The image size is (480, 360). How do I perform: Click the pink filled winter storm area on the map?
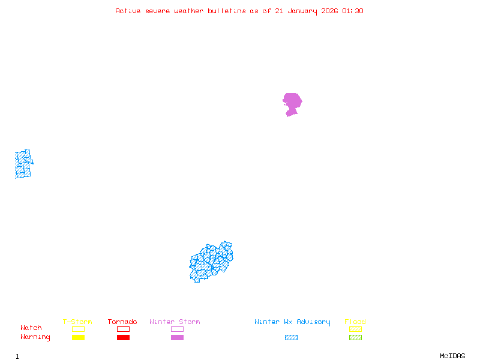[292, 103]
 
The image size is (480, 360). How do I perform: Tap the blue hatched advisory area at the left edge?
[23, 164]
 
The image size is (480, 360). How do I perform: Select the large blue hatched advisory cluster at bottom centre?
[211, 262]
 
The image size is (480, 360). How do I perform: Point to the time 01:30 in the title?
[352, 11]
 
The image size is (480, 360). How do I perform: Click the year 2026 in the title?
[329, 11]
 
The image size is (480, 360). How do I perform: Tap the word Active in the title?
[128, 11]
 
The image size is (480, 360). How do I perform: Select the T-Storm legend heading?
[77, 322]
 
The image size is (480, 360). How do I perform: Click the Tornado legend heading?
[122, 322]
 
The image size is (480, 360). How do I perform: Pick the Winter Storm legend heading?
[175, 322]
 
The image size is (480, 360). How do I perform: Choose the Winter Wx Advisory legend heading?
[292, 322]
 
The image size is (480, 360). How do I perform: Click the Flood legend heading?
[355, 322]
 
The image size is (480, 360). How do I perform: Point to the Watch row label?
[31, 328]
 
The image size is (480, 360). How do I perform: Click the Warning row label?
[35, 337]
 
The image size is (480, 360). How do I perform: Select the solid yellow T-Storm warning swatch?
[78, 337]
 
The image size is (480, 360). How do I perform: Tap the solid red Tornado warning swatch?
[123, 337]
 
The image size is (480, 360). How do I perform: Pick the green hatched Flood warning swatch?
[355, 337]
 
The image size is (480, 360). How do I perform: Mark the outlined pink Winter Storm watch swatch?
[177, 329]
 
